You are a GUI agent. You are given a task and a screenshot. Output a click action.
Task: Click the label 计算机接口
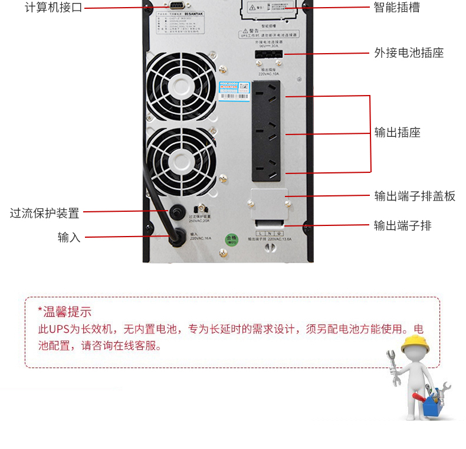(x=53, y=8)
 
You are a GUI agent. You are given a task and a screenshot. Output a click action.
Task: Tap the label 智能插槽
(x=397, y=8)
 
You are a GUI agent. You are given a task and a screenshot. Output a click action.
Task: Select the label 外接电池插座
(x=409, y=53)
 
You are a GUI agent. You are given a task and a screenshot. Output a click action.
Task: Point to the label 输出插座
(x=397, y=132)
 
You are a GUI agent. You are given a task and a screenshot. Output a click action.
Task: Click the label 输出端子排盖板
(x=415, y=196)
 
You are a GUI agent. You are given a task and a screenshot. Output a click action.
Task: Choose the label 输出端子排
(x=403, y=225)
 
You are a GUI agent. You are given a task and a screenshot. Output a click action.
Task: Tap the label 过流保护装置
(x=44, y=212)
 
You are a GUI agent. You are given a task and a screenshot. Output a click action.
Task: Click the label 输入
(x=69, y=237)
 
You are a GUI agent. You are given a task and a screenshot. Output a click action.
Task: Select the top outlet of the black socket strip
(x=270, y=94)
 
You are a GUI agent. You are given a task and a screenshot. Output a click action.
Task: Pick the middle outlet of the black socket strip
(x=270, y=130)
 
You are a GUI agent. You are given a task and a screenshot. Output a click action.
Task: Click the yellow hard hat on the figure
(x=413, y=343)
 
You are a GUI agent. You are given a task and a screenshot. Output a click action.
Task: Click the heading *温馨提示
(x=64, y=312)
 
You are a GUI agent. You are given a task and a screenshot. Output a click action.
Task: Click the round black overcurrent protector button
(x=175, y=212)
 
